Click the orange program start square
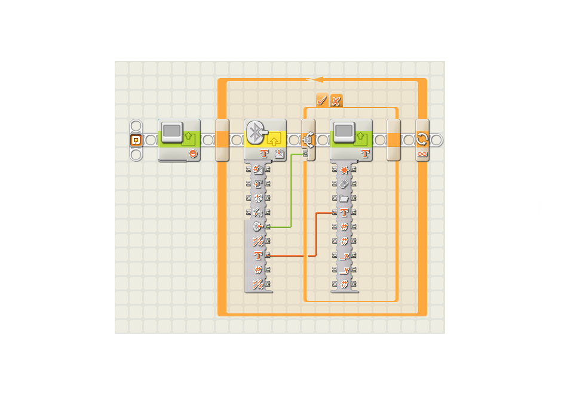tap(136, 140)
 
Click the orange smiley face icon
tap(193, 154)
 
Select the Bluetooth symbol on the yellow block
tap(256, 132)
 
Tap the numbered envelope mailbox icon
tap(279, 154)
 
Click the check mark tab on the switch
tap(322, 100)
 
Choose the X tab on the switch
tap(336, 100)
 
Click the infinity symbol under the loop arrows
tap(422, 154)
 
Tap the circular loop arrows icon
tap(422, 140)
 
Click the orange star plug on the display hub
tap(344, 170)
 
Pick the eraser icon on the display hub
tap(344, 184)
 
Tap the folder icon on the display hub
tap(344, 198)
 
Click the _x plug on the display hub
tap(344, 256)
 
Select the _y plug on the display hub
tap(344, 270)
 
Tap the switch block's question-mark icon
tap(308, 140)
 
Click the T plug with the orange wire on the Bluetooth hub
tap(258, 256)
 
